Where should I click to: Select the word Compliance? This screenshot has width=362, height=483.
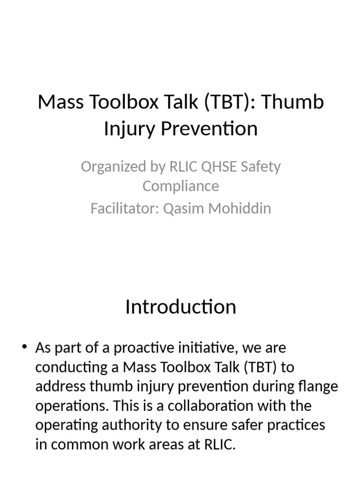pyautogui.click(x=181, y=186)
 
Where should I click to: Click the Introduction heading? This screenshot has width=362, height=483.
pyautogui.click(x=181, y=307)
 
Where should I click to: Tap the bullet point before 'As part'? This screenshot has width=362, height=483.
pyautogui.click(x=25, y=348)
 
